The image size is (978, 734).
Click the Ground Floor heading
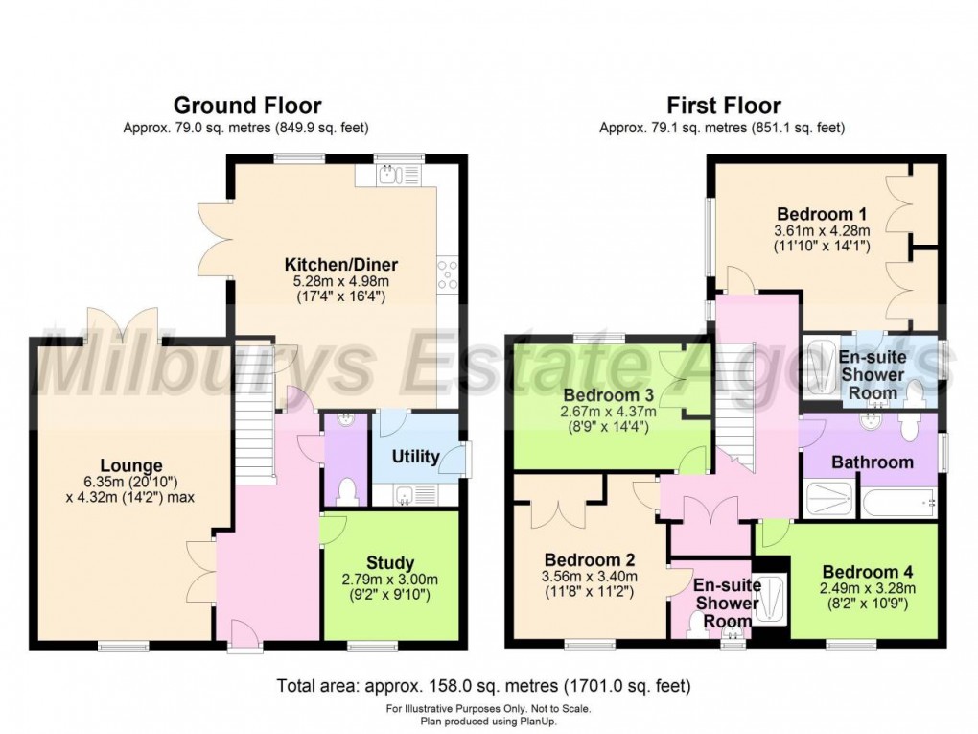click(x=247, y=106)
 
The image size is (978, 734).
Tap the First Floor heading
click(x=724, y=106)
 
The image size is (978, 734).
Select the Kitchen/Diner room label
click(x=341, y=264)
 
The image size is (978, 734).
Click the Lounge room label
click(x=131, y=465)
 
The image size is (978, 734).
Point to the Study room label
click(x=390, y=562)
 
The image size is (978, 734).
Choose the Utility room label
click(x=415, y=457)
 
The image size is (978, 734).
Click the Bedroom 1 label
click(x=822, y=214)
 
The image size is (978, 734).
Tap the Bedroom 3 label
click(x=608, y=395)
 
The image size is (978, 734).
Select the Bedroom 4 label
click(x=868, y=572)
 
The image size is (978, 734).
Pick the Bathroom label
click(x=873, y=462)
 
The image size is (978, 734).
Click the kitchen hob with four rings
click(x=447, y=274)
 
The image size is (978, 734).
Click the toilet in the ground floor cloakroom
click(x=345, y=491)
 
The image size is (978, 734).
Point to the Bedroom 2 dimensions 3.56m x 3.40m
click(x=590, y=577)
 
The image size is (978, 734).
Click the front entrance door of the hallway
click(x=245, y=637)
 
